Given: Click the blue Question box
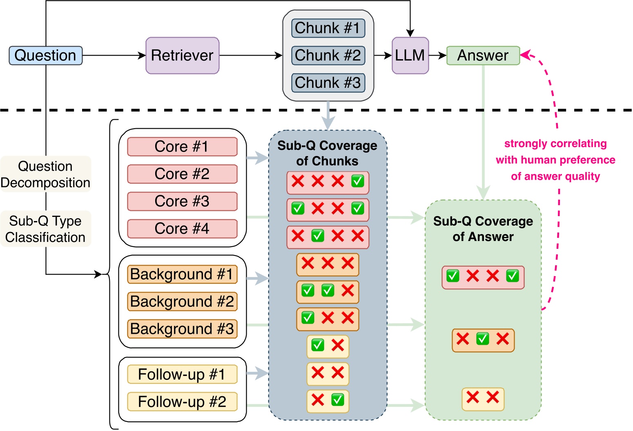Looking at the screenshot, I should pyautogui.click(x=45, y=56).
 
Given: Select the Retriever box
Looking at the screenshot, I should pyautogui.click(x=182, y=56).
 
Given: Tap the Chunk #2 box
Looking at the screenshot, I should pyautogui.click(x=328, y=56).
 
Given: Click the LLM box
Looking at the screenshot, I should pyautogui.click(x=410, y=56).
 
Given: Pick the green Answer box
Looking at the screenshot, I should pyautogui.click(x=483, y=56).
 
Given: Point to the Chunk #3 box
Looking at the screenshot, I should pyautogui.click(x=328, y=83).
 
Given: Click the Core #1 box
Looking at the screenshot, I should pyautogui.click(x=182, y=147).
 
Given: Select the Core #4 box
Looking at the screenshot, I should pyautogui.click(x=182, y=229).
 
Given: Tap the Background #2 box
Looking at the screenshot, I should pyautogui.click(x=182, y=301).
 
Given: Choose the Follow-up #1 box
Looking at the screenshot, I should pyautogui.click(x=182, y=374).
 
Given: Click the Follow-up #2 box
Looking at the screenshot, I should pyautogui.click(x=182, y=402).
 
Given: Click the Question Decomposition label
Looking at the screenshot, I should pyautogui.click(x=45, y=174).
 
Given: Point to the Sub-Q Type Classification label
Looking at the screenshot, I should pyautogui.click(x=45, y=229).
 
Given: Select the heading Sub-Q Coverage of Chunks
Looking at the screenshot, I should pyautogui.click(x=327, y=153).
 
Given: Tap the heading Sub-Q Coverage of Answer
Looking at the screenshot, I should pyautogui.click(x=483, y=229).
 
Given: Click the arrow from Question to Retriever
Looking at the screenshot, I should pyautogui.click(x=114, y=56).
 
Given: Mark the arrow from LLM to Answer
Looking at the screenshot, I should pyautogui.click(x=437, y=56).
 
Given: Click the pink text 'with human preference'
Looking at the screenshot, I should pyautogui.click(x=555, y=160).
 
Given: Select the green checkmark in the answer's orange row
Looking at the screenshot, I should pyautogui.click(x=483, y=339).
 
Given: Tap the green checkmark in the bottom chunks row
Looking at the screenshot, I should pyautogui.click(x=338, y=400).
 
